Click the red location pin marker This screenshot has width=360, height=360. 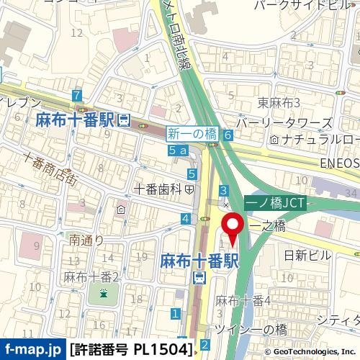click(x=233, y=228)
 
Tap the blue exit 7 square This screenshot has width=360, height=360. click(x=77, y=96)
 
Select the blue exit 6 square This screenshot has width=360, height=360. click(x=228, y=135)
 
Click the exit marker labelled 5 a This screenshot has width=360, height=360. click(x=177, y=150)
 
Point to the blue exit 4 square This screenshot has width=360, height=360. click(x=186, y=218)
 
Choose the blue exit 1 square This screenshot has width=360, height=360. click(x=175, y=313)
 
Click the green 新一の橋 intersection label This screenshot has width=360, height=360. click(x=192, y=133)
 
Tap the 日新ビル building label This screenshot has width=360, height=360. click(x=308, y=256)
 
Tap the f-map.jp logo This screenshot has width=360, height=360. click(x=32, y=350)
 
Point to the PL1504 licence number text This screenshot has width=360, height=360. click(x=163, y=350)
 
